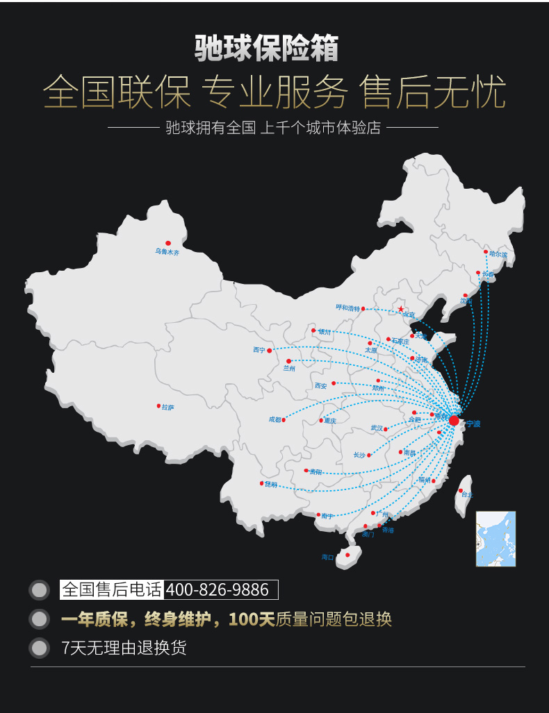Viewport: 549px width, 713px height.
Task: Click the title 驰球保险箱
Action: point(266,49)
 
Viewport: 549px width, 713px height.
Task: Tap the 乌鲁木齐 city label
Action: point(167,252)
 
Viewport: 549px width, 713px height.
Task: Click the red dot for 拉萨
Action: point(158,406)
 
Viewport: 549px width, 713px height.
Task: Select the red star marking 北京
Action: point(400,309)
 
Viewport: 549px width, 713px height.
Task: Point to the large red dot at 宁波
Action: point(454,421)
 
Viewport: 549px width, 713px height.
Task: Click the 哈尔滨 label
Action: point(498,255)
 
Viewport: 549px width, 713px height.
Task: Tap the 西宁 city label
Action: point(259,351)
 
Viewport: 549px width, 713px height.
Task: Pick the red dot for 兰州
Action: point(288,361)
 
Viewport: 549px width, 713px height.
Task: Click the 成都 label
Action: point(275,419)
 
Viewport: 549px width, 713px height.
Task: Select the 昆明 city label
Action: point(270,485)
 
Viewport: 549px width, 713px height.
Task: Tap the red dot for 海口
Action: point(347,555)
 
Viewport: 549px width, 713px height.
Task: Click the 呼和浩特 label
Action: point(347,308)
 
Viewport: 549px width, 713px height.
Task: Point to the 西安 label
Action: point(320,385)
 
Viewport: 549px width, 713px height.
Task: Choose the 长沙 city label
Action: point(359,455)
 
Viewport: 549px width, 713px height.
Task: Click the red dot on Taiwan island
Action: point(461,491)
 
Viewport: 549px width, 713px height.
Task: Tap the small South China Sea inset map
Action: point(495,539)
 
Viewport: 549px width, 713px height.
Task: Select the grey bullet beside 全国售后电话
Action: point(40,590)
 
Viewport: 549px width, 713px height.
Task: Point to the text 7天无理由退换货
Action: point(124,648)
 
